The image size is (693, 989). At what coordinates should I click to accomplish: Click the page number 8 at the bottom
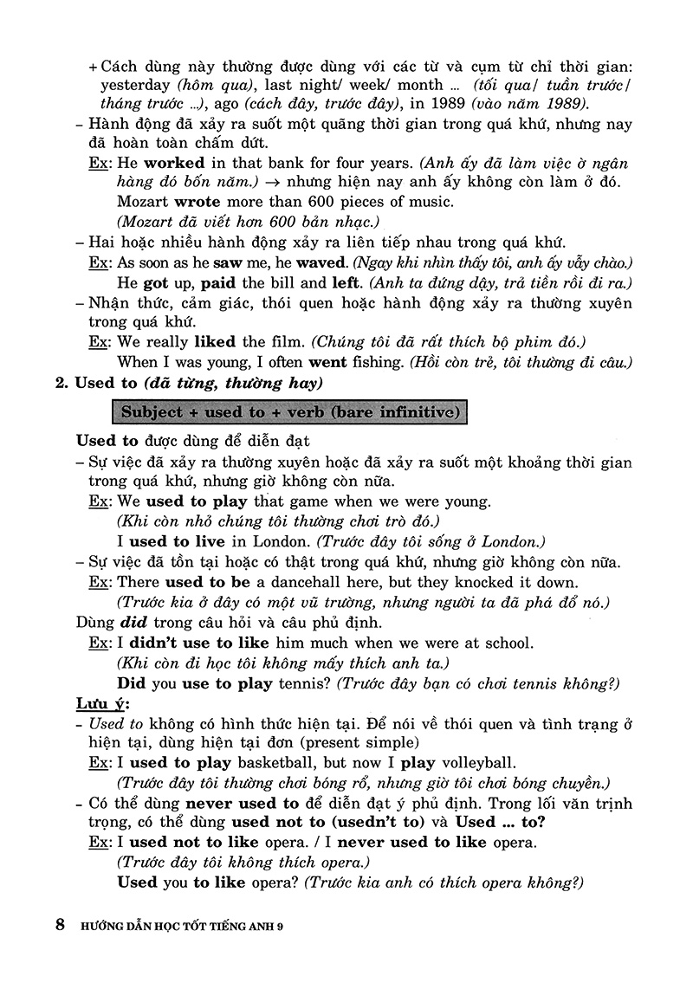[x=60, y=924]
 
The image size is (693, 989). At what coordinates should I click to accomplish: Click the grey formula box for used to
[x=289, y=410]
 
